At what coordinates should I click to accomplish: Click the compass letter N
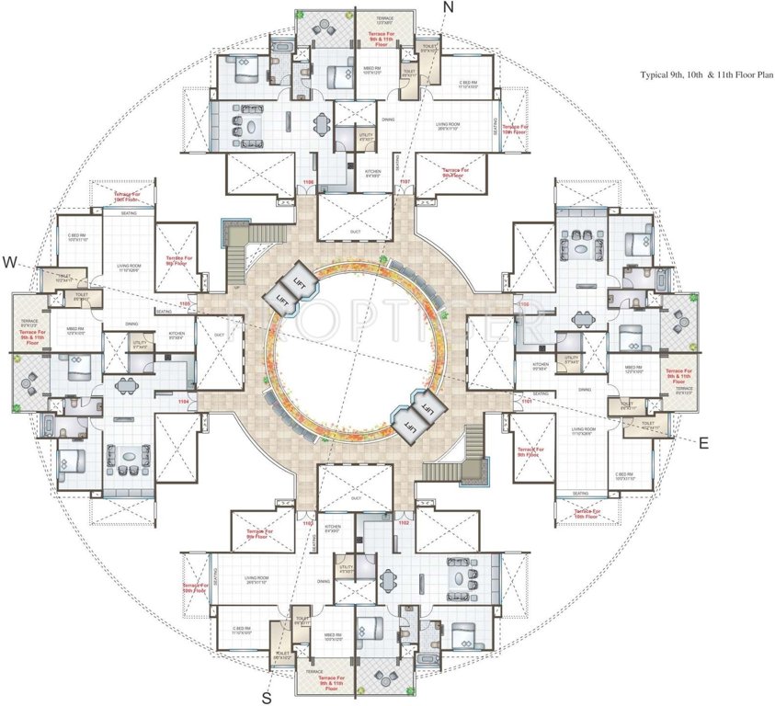[448, 7]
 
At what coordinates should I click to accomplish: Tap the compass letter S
[267, 694]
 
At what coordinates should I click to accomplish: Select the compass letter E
[703, 443]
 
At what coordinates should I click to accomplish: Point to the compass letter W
[9, 262]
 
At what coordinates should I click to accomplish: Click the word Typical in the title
[658, 77]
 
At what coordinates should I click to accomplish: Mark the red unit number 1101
[528, 401]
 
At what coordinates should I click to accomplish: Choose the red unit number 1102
[403, 522]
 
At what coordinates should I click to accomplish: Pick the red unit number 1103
[308, 523]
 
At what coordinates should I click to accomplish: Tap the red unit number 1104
[183, 401]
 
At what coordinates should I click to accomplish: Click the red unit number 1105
[185, 303]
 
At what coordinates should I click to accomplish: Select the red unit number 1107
[403, 182]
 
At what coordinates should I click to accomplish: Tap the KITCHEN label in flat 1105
[177, 334]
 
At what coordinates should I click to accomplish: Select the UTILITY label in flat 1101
[571, 359]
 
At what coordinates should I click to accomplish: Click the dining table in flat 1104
[122, 386]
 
